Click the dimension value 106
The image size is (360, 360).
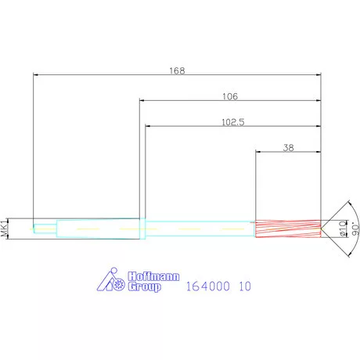pyautogui.click(x=229, y=96)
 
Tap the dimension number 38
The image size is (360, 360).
pyautogui.click(x=288, y=147)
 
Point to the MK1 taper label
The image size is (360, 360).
pyautogui.click(x=5, y=228)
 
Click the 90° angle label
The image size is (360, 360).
pyautogui.click(x=353, y=228)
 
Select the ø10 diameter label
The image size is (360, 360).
pyautogui.click(x=343, y=228)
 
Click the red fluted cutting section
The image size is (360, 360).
pyautogui.click(x=287, y=228)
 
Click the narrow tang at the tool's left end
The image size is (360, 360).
pyautogui.click(x=44, y=229)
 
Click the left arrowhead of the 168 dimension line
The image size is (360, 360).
pyautogui.click(x=36, y=75)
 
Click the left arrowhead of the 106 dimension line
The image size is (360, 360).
pyautogui.click(x=142, y=101)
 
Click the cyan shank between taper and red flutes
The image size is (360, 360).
pyautogui.click(x=200, y=228)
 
